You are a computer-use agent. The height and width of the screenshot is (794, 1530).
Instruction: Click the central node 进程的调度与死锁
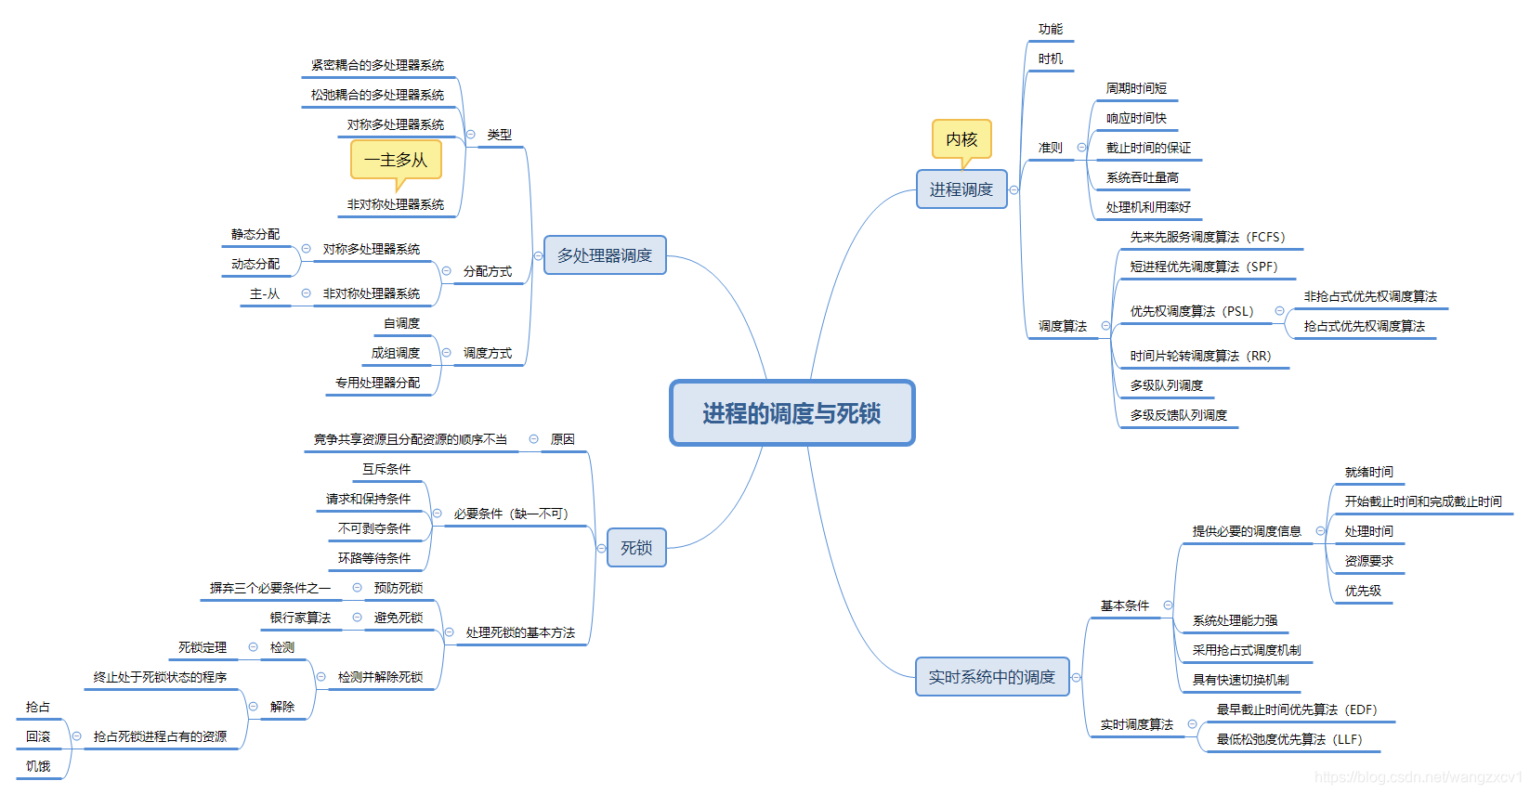[791, 413]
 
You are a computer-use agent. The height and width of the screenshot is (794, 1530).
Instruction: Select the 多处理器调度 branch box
[605, 255]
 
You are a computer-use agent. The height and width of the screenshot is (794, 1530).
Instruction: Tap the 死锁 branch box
[636, 548]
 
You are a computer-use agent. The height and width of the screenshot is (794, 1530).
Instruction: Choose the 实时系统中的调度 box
[992, 677]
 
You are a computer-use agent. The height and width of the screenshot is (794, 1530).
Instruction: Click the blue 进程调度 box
[961, 189]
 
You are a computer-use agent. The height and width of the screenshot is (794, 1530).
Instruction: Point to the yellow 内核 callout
[961, 139]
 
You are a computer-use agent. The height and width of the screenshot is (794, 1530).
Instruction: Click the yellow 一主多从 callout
[396, 160]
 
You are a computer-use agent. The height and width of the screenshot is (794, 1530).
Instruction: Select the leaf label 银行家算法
[300, 618]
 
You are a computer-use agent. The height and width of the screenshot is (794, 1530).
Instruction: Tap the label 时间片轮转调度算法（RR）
[1200, 356]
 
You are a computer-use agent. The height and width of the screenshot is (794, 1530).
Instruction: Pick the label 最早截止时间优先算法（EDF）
[1297, 709]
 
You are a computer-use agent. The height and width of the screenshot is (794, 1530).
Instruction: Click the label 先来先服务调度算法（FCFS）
[1208, 237]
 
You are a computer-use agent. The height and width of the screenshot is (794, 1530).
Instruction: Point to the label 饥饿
[38, 766]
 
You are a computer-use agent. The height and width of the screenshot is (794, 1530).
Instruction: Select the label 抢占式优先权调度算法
[1364, 326]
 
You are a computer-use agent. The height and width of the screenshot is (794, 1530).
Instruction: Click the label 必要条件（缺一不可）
[511, 514]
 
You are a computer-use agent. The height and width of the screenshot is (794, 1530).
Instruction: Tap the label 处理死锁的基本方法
[520, 632]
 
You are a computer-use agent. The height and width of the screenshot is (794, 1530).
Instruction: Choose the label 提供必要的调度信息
[1247, 531]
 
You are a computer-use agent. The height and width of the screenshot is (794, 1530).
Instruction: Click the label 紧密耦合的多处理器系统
[377, 65]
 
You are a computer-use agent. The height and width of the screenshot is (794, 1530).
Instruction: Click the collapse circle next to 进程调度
[1013, 189]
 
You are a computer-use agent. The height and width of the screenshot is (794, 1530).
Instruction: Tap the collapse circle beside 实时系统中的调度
[1076, 677]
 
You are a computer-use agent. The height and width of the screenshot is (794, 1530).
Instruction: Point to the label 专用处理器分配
[377, 383]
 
